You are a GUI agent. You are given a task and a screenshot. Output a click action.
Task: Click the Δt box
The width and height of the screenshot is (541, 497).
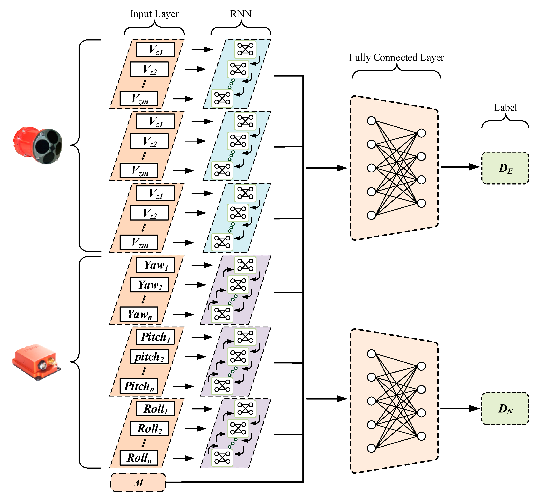pos(138,482)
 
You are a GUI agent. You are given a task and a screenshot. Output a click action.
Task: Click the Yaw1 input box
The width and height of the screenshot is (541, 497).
pos(155,265)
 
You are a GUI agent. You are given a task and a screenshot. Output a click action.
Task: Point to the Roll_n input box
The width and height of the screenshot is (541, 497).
pos(139,458)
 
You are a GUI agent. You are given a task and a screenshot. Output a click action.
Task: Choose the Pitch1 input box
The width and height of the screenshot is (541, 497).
pos(155,337)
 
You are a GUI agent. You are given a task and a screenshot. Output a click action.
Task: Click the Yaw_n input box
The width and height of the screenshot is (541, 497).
pos(139,314)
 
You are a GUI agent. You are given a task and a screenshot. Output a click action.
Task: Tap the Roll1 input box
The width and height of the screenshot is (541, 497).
pos(155,409)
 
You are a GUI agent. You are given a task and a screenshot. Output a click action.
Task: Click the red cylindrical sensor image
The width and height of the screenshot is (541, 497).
pos(38,145)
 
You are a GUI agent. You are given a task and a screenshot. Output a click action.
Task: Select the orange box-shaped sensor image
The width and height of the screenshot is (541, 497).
pos(37,362)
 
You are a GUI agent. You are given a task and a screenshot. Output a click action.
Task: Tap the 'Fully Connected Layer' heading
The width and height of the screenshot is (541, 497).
pos(396,58)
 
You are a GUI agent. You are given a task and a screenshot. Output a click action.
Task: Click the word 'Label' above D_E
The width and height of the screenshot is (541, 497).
pos(505,108)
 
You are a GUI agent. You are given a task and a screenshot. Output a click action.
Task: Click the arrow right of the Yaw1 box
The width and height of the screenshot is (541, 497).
pos(202,265)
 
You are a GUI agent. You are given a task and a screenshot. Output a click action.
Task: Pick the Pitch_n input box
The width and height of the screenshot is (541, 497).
pos(139,386)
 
